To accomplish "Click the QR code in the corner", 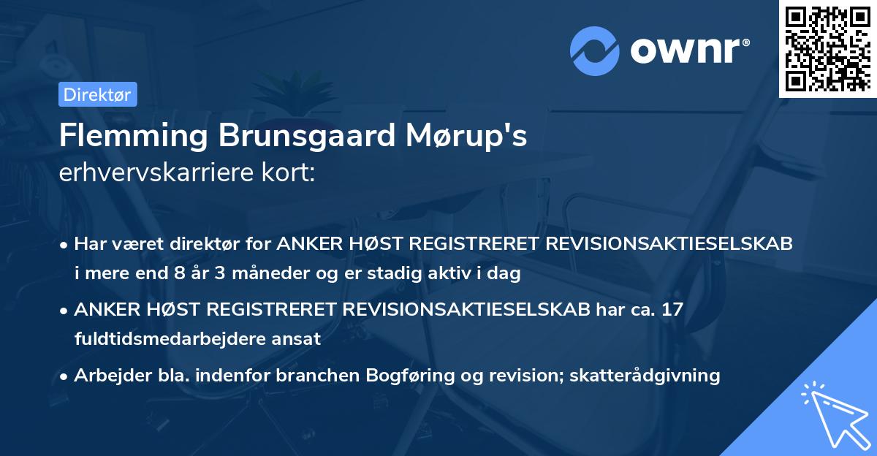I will [x=827, y=48].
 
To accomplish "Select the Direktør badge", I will [x=97, y=94].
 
